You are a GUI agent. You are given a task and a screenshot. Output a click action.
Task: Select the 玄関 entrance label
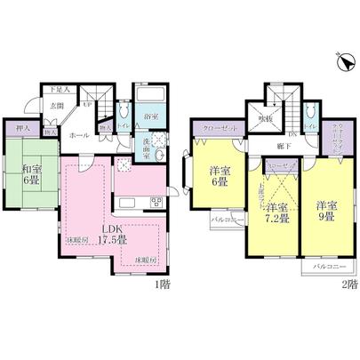point(59,107)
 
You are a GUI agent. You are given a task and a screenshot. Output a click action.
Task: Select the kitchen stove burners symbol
point(156,199)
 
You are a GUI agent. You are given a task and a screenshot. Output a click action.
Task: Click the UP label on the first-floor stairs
point(87,104)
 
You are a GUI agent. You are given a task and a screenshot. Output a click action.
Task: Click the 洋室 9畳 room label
point(324,208)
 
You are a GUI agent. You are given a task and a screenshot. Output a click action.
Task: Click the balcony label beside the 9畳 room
point(330,266)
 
